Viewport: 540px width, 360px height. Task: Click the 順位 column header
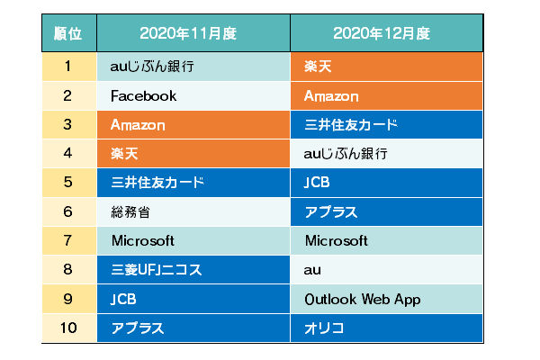click(x=67, y=33)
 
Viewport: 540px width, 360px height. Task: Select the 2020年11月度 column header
click(x=188, y=33)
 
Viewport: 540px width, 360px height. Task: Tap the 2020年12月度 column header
click(x=382, y=33)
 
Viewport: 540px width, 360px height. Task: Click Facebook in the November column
click(x=144, y=95)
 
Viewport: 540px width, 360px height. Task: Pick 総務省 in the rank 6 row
click(x=130, y=211)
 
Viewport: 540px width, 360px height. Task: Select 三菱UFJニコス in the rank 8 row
click(x=157, y=269)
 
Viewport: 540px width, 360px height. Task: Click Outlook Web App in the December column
click(x=363, y=300)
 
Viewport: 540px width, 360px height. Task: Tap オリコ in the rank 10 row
click(x=324, y=328)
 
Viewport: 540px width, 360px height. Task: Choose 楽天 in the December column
click(x=318, y=66)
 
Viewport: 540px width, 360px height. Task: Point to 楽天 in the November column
click(x=124, y=153)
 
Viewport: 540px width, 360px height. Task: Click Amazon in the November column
click(x=138, y=125)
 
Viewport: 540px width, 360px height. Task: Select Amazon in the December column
click(x=331, y=95)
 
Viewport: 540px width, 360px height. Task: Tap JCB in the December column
click(x=317, y=182)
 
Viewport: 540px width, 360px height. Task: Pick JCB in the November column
click(x=123, y=299)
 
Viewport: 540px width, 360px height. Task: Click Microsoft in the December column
click(x=337, y=241)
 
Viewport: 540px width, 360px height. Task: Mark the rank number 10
click(x=68, y=328)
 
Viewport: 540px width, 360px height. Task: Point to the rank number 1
click(x=67, y=66)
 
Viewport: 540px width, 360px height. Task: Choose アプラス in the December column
click(x=331, y=211)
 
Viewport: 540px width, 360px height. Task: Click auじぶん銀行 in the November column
click(x=152, y=66)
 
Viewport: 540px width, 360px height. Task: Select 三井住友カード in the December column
click(x=351, y=125)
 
